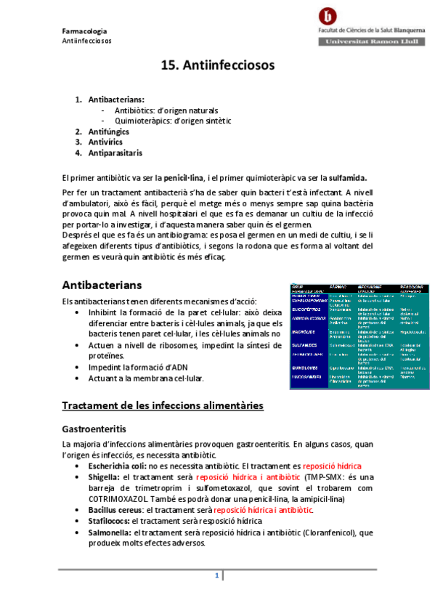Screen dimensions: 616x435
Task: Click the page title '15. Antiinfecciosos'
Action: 217,65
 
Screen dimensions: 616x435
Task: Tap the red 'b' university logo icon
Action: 329,17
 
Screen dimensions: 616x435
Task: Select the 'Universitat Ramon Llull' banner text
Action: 371,43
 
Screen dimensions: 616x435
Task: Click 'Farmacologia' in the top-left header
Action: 84,31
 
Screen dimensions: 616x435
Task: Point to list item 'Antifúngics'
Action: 108,131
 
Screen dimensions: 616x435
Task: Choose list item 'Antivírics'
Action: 105,142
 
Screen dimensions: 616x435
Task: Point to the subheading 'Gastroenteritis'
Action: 98,429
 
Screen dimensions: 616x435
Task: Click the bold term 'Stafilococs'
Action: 110,522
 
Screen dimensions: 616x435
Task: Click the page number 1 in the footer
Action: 216,576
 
